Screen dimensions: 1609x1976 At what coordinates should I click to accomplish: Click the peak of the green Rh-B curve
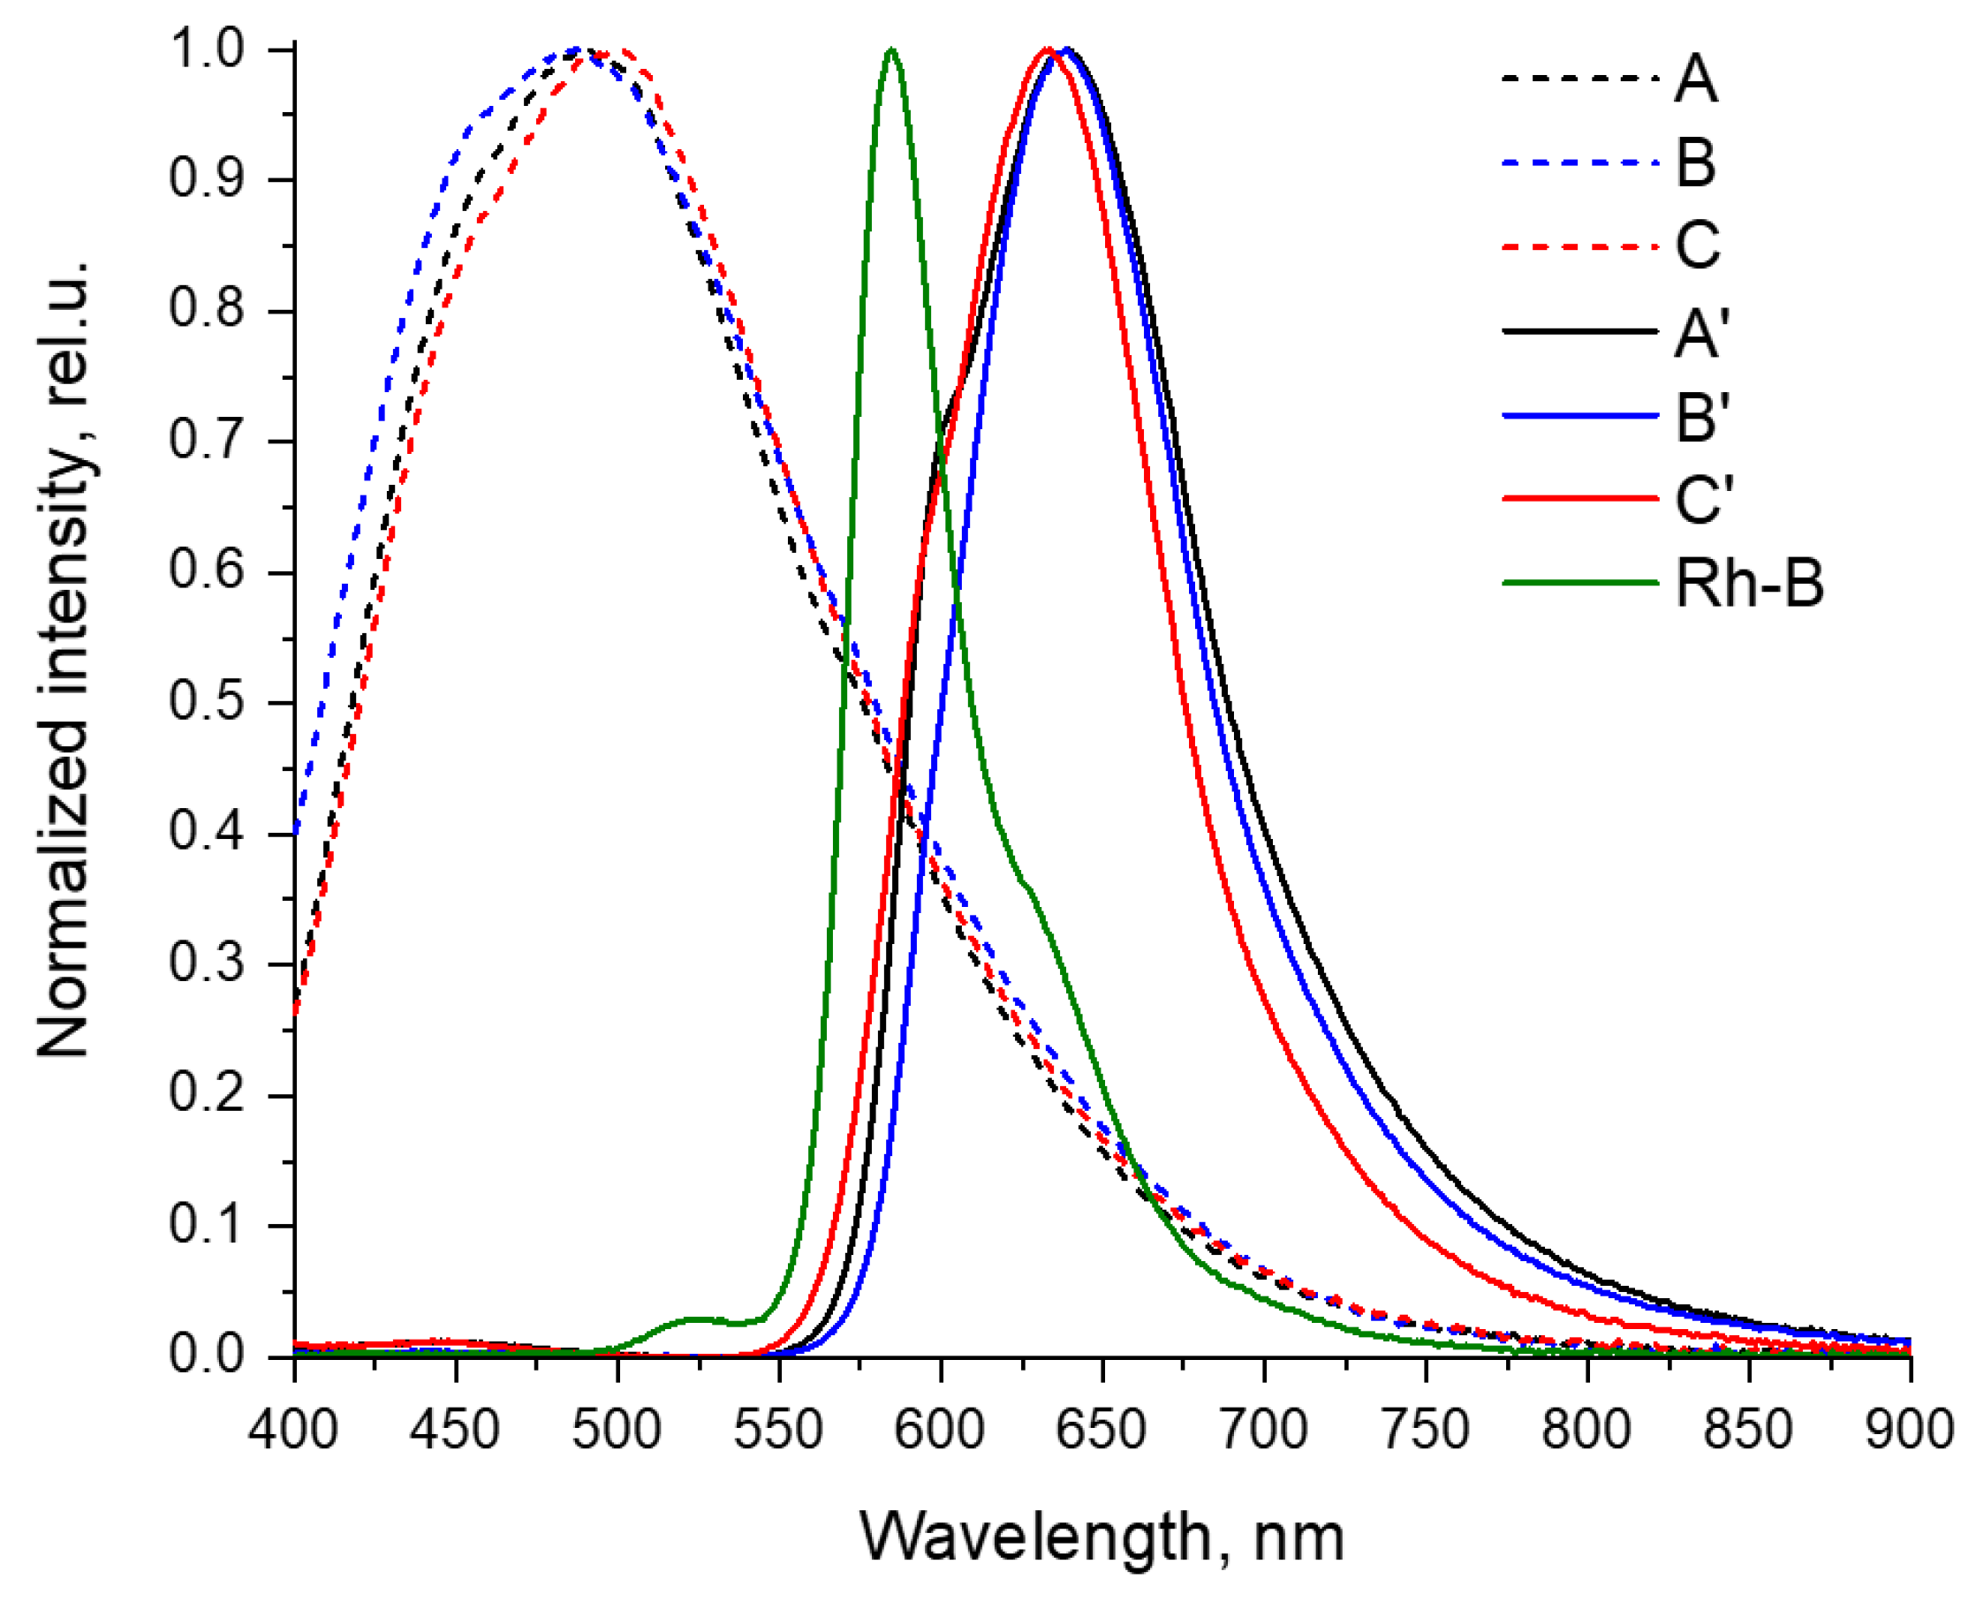[x=890, y=49]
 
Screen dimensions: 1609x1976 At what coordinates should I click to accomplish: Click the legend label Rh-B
[x=1748, y=584]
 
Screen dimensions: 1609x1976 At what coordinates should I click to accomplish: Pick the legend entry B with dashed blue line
[x=1695, y=163]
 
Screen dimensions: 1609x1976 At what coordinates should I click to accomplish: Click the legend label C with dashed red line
[x=1696, y=246]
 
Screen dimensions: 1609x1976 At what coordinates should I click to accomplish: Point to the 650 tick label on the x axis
[x=1102, y=1429]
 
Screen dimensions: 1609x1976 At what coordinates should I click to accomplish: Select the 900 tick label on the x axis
[x=1909, y=1429]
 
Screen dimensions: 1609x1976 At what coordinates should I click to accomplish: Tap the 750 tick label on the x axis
[x=1425, y=1429]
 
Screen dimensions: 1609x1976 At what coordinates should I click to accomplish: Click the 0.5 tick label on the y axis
[x=206, y=702]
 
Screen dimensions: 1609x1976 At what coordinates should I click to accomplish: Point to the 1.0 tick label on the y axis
[x=206, y=49]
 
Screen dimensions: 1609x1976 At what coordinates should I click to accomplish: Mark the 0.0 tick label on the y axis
[x=206, y=1355]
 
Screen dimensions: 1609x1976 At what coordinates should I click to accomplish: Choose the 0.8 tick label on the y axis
[x=206, y=310]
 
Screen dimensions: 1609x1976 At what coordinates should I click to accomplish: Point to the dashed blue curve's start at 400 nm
[x=296, y=831]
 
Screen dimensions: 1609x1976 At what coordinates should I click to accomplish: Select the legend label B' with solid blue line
[x=1701, y=416]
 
